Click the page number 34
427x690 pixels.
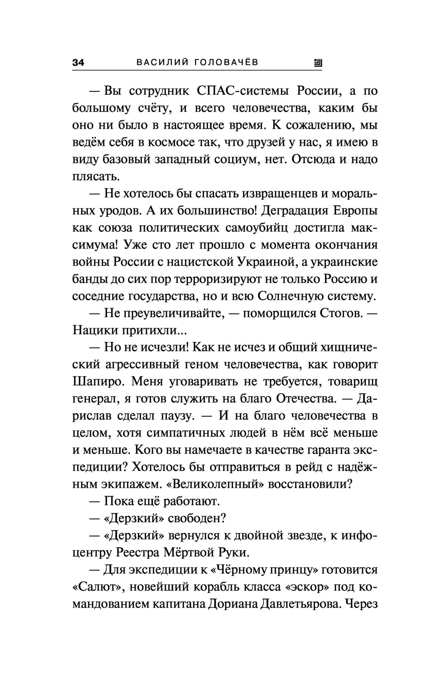click(x=79, y=63)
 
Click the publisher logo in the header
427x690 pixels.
click(x=318, y=63)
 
